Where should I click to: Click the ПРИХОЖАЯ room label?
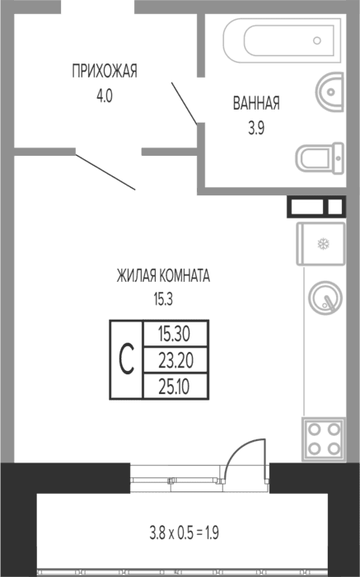(x=105, y=71)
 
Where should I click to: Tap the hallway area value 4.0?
(x=105, y=96)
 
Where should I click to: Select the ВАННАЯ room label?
(x=256, y=103)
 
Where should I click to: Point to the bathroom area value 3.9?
(x=256, y=128)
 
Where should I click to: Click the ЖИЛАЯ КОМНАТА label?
(x=163, y=275)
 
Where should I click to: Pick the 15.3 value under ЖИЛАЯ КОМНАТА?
(x=163, y=299)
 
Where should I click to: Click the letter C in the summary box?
(x=126, y=359)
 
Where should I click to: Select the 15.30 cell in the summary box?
(x=175, y=334)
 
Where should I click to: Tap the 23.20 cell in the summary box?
(x=175, y=360)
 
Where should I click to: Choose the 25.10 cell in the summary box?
(x=175, y=387)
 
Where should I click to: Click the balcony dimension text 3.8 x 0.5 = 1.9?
(x=185, y=532)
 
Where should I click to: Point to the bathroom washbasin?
(x=330, y=91)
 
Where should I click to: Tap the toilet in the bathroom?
(x=320, y=158)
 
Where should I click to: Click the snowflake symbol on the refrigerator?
(x=324, y=244)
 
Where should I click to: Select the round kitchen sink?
(x=325, y=298)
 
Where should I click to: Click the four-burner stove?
(x=324, y=439)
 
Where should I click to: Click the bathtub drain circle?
(x=317, y=40)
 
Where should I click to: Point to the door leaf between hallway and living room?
(x=105, y=172)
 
